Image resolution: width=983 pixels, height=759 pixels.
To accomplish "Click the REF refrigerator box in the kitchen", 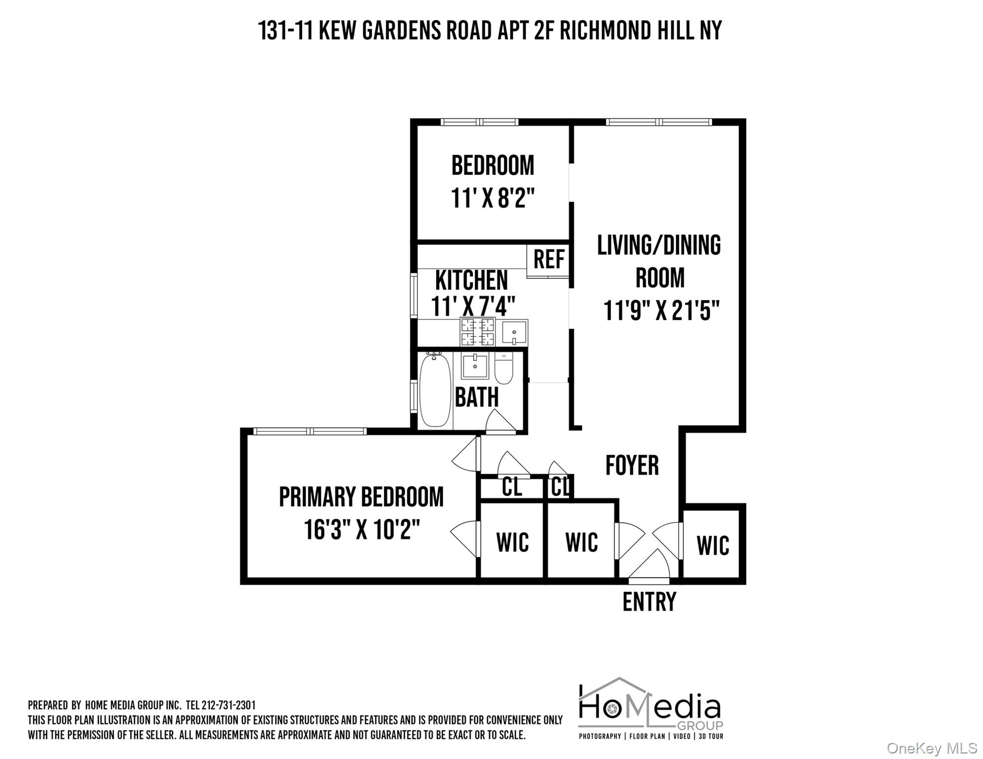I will (x=548, y=259).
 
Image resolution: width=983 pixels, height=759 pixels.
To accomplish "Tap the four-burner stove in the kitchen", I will (x=477, y=332).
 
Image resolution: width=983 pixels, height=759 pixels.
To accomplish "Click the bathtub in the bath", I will (x=435, y=390).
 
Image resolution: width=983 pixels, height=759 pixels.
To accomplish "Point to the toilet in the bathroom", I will (x=504, y=368).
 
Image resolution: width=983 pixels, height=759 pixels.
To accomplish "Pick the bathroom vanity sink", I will (x=475, y=366).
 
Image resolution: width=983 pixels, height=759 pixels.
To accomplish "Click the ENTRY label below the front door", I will (x=649, y=602).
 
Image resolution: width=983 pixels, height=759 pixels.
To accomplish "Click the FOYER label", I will (x=632, y=465).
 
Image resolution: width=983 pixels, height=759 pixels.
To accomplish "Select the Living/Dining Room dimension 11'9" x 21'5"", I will (x=661, y=311).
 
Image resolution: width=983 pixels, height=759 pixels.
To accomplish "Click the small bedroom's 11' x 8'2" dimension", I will (x=492, y=199).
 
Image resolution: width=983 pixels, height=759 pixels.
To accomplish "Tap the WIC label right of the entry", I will (x=713, y=546).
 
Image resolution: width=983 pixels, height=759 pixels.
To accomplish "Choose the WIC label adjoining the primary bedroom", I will (x=512, y=543).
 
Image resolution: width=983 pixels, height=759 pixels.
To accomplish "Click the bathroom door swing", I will (x=500, y=423).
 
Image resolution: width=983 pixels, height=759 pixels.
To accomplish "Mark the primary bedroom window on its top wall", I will (x=310, y=431).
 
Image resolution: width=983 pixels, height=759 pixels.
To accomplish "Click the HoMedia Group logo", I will (x=650, y=708).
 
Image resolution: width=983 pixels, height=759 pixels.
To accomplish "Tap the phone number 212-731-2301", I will (x=228, y=705).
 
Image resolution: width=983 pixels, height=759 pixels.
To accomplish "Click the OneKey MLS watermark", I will (x=931, y=748).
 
